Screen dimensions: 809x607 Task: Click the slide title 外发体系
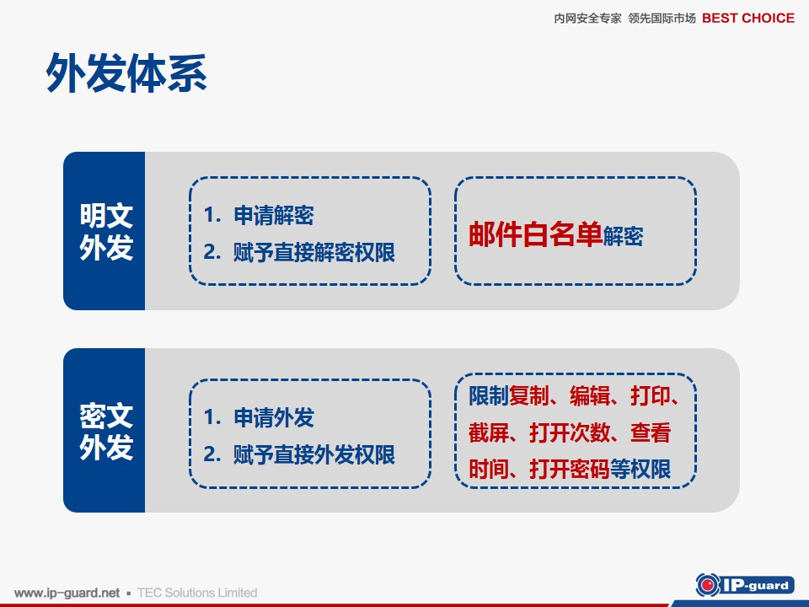tap(126, 73)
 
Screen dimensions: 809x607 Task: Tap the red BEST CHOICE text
tap(748, 18)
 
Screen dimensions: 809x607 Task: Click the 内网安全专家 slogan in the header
tap(587, 19)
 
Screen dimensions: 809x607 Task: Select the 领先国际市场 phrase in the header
tap(662, 19)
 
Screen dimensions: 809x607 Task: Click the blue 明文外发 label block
tap(104, 231)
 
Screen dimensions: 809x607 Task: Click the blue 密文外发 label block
tap(104, 431)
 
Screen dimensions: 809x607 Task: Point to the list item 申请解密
tap(273, 215)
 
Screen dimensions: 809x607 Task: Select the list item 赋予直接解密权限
tap(313, 252)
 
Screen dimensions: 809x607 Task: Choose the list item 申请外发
tap(273, 417)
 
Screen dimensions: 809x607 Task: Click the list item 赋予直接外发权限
tap(313, 454)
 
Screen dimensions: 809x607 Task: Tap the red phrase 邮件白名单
tap(536, 234)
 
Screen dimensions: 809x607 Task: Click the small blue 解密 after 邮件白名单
tap(623, 236)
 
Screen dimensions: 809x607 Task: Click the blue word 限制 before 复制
tap(489, 396)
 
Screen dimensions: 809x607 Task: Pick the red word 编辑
tap(590, 396)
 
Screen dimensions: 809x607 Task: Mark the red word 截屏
tap(489, 432)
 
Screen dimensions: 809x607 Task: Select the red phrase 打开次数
tap(571, 432)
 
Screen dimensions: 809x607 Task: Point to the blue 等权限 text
tap(640, 470)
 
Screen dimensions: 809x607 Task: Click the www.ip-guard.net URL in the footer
tap(67, 593)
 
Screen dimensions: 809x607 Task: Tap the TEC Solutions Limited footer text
tap(197, 593)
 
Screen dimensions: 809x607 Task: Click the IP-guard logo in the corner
tap(744, 585)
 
